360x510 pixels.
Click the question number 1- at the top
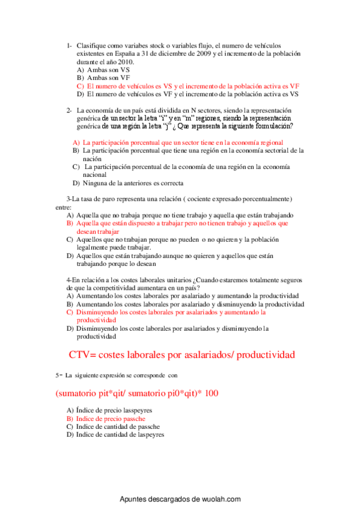70,46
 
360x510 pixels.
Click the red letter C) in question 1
81,86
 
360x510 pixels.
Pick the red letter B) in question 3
70,223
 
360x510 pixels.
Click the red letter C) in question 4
70,313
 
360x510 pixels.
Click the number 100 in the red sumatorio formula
211,394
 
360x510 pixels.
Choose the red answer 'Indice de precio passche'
110,418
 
